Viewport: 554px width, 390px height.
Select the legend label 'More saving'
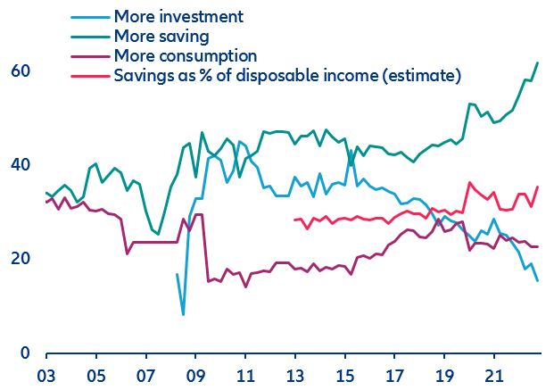[161, 37]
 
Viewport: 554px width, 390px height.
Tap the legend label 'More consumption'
[186, 56]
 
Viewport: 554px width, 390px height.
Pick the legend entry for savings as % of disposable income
[286, 76]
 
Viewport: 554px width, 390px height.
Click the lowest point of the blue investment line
[183, 314]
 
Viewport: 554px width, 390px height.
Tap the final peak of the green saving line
[537, 62]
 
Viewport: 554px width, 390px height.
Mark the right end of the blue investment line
[537, 280]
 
